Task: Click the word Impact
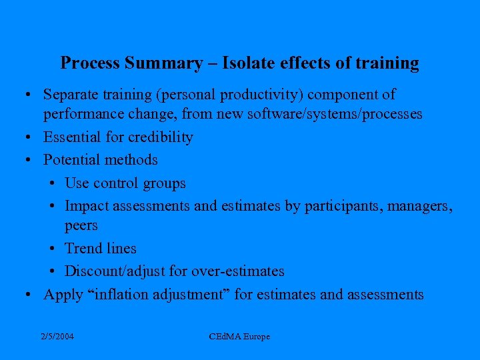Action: [87, 207]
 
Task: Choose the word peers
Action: [81, 226]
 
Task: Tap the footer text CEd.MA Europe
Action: [239, 337]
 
